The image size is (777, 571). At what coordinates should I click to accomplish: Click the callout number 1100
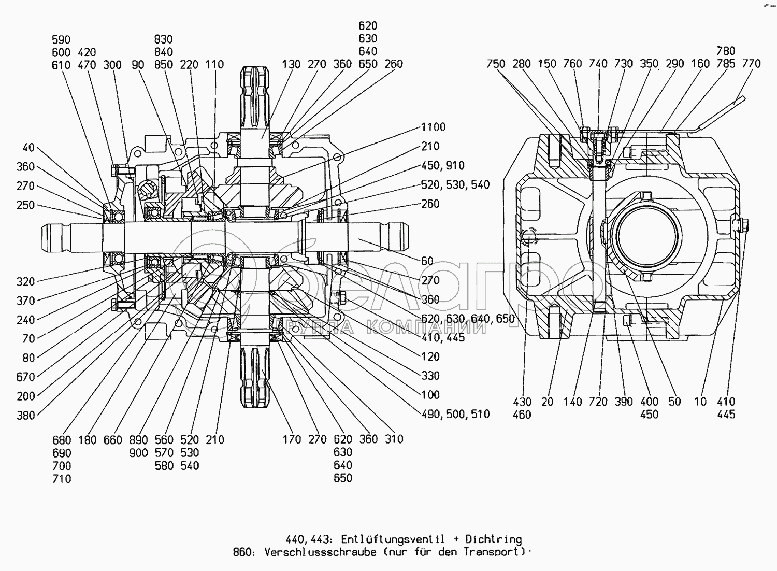click(433, 127)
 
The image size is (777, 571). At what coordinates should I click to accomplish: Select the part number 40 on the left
click(28, 148)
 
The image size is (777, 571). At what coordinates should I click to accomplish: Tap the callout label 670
click(25, 377)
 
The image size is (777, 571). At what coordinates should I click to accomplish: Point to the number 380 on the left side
click(25, 415)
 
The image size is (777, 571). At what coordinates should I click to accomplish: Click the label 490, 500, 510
click(455, 414)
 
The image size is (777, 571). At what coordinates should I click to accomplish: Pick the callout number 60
click(427, 261)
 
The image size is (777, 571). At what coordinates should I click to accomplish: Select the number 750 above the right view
click(496, 64)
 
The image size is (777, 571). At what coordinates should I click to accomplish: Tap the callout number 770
click(751, 64)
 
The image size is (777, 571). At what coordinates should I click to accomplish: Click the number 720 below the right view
click(598, 402)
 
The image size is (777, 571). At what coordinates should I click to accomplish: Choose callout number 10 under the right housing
click(700, 402)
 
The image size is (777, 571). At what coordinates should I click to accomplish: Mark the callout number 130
click(291, 64)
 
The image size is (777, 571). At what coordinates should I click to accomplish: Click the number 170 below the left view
click(292, 439)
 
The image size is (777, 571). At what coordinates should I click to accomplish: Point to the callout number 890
click(138, 440)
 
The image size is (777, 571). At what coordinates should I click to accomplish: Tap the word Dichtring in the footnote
click(493, 539)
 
